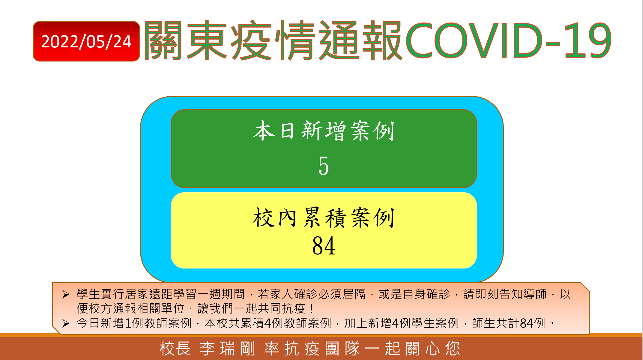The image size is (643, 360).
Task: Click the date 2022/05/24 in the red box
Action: click(x=86, y=41)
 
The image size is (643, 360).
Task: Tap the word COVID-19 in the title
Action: click(x=509, y=40)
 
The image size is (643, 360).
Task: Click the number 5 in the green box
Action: click(x=324, y=166)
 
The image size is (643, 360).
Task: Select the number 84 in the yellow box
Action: click(x=324, y=246)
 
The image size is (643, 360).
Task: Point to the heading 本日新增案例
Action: click(x=324, y=131)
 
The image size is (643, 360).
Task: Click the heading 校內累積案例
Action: click(x=324, y=217)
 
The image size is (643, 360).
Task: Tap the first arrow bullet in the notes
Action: click(x=66, y=294)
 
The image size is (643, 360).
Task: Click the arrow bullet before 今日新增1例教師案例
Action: click(x=66, y=323)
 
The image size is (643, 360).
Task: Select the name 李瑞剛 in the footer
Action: click(x=227, y=349)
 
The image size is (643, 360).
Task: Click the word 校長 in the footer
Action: click(x=175, y=349)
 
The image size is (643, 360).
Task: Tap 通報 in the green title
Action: click(x=360, y=40)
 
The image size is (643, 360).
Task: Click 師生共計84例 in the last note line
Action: click(x=508, y=323)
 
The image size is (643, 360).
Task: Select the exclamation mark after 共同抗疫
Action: click(x=312, y=309)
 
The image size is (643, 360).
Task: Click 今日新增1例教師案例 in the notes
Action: click(x=134, y=323)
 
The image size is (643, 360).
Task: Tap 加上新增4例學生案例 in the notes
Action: click(x=401, y=323)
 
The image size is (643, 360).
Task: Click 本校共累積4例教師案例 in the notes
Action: click(x=268, y=323)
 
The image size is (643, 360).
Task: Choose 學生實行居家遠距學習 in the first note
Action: click(x=137, y=294)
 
